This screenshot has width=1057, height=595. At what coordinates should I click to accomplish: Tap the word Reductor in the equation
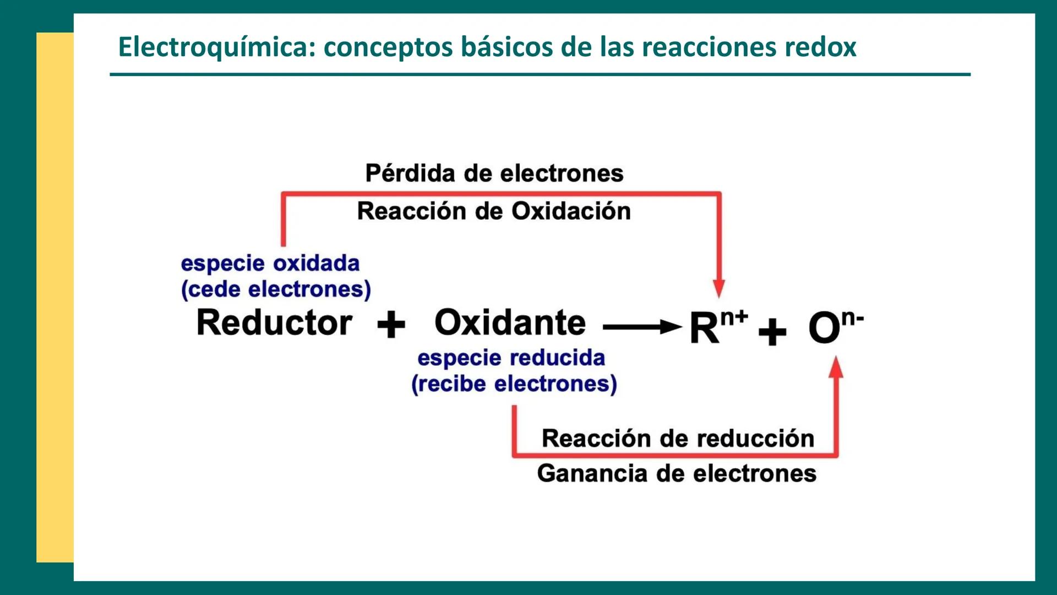(274, 323)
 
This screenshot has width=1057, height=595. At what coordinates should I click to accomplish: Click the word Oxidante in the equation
(510, 323)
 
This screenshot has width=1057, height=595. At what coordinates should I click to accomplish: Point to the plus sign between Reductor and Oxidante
(391, 324)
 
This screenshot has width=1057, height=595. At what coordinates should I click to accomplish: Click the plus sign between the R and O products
(772, 332)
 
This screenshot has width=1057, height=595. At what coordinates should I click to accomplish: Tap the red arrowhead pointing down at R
(718, 288)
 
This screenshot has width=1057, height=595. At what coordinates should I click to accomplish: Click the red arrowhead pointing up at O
(836, 367)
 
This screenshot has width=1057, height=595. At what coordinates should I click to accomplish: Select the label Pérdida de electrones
(494, 174)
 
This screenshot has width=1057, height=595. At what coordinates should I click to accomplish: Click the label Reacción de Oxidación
(494, 211)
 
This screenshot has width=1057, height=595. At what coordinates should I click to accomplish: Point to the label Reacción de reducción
(678, 439)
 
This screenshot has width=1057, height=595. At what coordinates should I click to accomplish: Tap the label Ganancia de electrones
(677, 473)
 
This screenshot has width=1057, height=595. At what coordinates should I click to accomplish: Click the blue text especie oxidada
(270, 263)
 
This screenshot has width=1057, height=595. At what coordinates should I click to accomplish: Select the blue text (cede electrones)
(276, 289)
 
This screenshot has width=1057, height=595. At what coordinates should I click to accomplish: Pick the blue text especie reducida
(511, 358)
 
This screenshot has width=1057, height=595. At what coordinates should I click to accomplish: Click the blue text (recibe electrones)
(514, 384)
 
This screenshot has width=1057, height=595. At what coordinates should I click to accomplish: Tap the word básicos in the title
(506, 47)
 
